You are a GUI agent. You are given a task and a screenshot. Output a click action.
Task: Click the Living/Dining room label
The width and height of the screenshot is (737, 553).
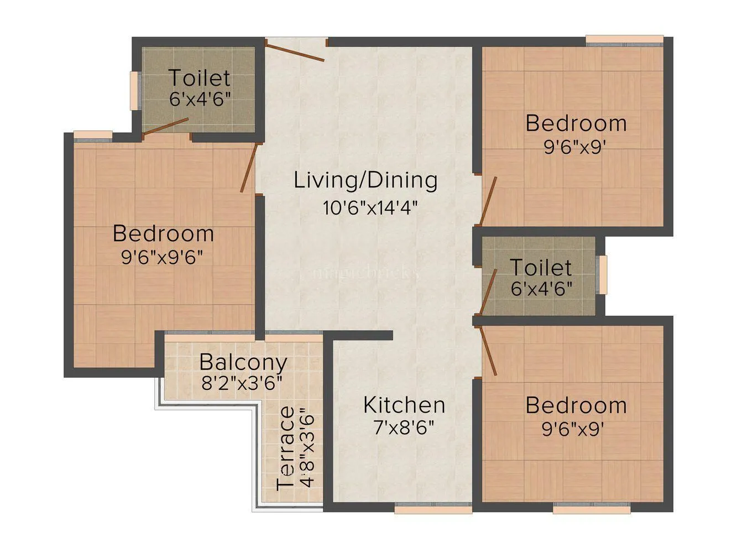[x=365, y=181]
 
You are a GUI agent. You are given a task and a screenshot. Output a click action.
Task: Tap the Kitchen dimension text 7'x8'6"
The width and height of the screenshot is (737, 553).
[x=404, y=427]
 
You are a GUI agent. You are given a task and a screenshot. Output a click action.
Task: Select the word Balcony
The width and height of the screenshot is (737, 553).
[x=243, y=362]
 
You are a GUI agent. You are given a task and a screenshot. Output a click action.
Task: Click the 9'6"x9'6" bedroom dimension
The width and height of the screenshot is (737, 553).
[x=163, y=257]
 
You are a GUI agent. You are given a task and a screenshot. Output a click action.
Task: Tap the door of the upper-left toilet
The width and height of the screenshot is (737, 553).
[x=166, y=126]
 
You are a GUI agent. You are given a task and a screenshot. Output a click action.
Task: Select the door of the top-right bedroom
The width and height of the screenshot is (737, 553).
[x=488, y=201]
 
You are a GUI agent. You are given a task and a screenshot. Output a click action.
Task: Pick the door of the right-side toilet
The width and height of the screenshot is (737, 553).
[x=488, y=292]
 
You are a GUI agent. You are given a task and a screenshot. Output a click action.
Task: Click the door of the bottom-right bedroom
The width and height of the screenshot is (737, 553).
[x=488, y=351]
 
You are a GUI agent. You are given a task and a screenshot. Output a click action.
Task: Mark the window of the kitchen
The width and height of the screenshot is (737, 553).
[x=433, y=508]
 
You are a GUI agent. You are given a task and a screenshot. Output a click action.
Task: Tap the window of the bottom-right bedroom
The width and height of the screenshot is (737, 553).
[x=591, y=508]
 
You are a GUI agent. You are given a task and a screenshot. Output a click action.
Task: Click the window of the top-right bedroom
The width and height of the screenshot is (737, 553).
[x=624, y=40]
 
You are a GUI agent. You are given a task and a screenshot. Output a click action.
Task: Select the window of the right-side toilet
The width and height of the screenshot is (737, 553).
[x=603, y=274]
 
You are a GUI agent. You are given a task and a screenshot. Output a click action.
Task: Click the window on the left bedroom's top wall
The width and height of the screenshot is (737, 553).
[x=93, y=136]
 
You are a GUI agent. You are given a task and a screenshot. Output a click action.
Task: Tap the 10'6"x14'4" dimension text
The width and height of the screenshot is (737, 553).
[x=370, y=208]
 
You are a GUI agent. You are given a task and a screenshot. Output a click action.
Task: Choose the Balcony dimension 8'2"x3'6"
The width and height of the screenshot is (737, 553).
[x=242, y=383]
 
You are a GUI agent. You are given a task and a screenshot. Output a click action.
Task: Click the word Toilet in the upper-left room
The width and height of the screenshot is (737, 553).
[x=199, y=78]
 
